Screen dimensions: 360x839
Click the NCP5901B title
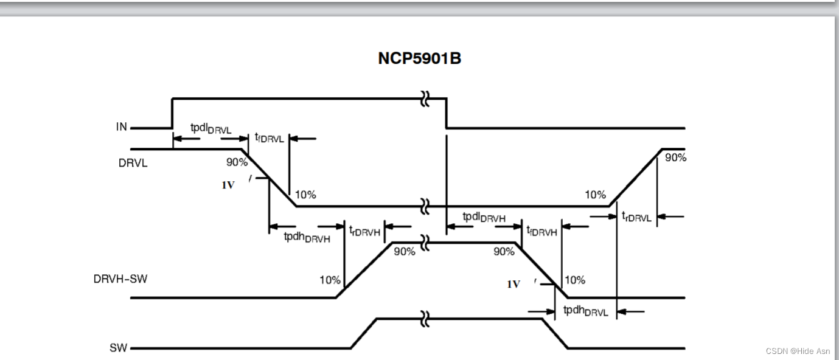(x=419, y=59)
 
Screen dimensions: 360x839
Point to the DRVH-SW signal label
(x=120, y=279)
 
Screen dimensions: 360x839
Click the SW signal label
(x=119, y=349)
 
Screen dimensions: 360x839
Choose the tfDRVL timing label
(x=270, y=138)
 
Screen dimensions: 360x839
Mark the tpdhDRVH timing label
(x=307, y=237)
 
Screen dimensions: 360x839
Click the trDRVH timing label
(x=364, y=230)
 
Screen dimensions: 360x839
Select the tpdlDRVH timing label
(x=484, y=217)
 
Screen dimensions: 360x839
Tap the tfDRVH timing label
(x=541, y=230)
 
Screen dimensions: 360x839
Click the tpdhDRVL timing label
(x=585, y=311)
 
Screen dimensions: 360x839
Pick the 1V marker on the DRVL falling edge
(x=228, y=185)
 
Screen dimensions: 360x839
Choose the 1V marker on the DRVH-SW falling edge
(x=513, y=284)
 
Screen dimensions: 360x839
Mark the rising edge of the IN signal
(x=173, y=113)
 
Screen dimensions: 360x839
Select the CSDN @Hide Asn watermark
(x=797, y=351)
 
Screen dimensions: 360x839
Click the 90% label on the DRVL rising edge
(x=675, y=157)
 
